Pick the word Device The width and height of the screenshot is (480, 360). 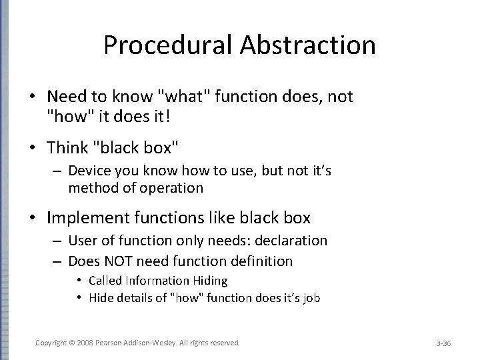pyautogui.click(x=89, y=172)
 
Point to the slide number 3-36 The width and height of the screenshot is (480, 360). pyautogui.click(x=443, y=343)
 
